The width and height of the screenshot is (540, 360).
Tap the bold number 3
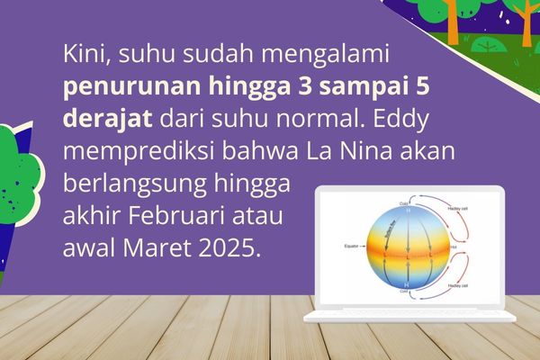coord(275,86)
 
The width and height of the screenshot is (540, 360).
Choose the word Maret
coord(154,247)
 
